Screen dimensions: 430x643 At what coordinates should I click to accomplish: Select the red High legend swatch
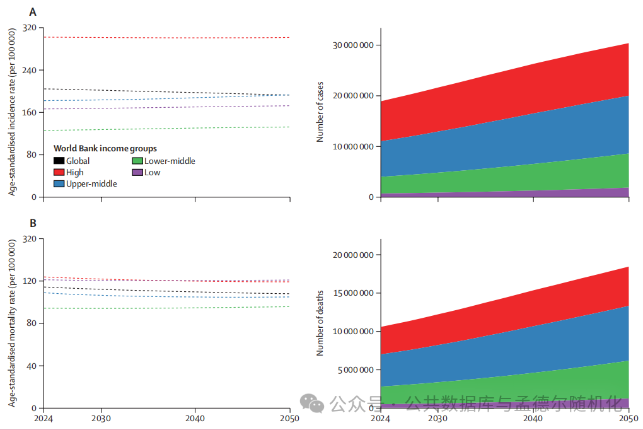(x=59, y=172)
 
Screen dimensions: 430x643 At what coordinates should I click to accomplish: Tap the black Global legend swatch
(x=59, y=161)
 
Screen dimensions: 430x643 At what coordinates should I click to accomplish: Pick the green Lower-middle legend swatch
(x=137, y=161)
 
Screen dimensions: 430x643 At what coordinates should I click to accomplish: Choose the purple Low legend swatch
(x=137, y=172)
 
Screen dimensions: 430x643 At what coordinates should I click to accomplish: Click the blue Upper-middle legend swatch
(x=59, y=183)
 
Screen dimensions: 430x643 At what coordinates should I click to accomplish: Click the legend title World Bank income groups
(x=105, y=149)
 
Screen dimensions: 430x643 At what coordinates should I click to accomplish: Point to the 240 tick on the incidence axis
(x=29, y=70)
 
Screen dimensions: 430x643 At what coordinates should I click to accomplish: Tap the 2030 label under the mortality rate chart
(x=101, y=418)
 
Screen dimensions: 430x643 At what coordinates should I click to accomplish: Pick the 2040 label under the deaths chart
(x=533, y=418)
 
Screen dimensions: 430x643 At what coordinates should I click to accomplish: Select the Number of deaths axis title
(x=320, y=323)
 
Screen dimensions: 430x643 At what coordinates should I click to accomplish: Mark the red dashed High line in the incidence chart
(x=164, y=37)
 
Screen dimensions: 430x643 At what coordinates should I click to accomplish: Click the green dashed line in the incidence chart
(x=164, y=129)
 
